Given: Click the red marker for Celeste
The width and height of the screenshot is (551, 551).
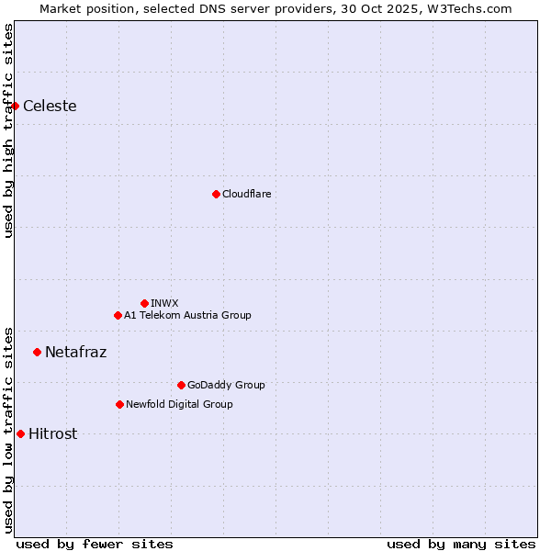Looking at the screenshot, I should coord(15,106).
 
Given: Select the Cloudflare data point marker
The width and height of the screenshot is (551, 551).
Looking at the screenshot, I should coord(216,194).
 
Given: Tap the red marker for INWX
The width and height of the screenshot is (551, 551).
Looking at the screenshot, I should coord(144,303).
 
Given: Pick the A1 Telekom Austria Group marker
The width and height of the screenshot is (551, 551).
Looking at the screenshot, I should coord(118,315).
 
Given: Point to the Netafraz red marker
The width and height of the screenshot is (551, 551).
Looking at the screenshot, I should coord(37,352).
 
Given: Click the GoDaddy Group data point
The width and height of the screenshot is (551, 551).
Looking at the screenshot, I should coord(181,385).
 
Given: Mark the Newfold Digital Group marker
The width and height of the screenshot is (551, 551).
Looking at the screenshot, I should coord(119,404).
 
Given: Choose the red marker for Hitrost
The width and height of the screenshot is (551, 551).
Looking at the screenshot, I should coord(20,433).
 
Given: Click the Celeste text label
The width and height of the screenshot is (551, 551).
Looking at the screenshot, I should coord(50,106).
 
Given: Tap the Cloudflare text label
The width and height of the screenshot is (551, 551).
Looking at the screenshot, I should coord(246,194).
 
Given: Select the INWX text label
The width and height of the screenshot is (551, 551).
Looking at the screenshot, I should coord(164,303).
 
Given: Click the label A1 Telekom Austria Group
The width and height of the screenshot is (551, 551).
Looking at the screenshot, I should coord(187,315).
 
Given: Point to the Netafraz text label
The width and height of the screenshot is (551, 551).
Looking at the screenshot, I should coord(75,352).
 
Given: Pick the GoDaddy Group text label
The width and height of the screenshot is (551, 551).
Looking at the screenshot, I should coord(226,385).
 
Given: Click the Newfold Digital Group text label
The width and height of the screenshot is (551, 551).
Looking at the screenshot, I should coord(179,404).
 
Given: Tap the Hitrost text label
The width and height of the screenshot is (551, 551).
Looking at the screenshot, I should coord(52,433).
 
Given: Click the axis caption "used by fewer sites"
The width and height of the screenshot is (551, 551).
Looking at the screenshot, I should coord(95,544).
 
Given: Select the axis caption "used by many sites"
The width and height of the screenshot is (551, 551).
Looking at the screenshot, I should coord(461,544).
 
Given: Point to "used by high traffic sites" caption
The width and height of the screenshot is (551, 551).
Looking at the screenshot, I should coord(8,130).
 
